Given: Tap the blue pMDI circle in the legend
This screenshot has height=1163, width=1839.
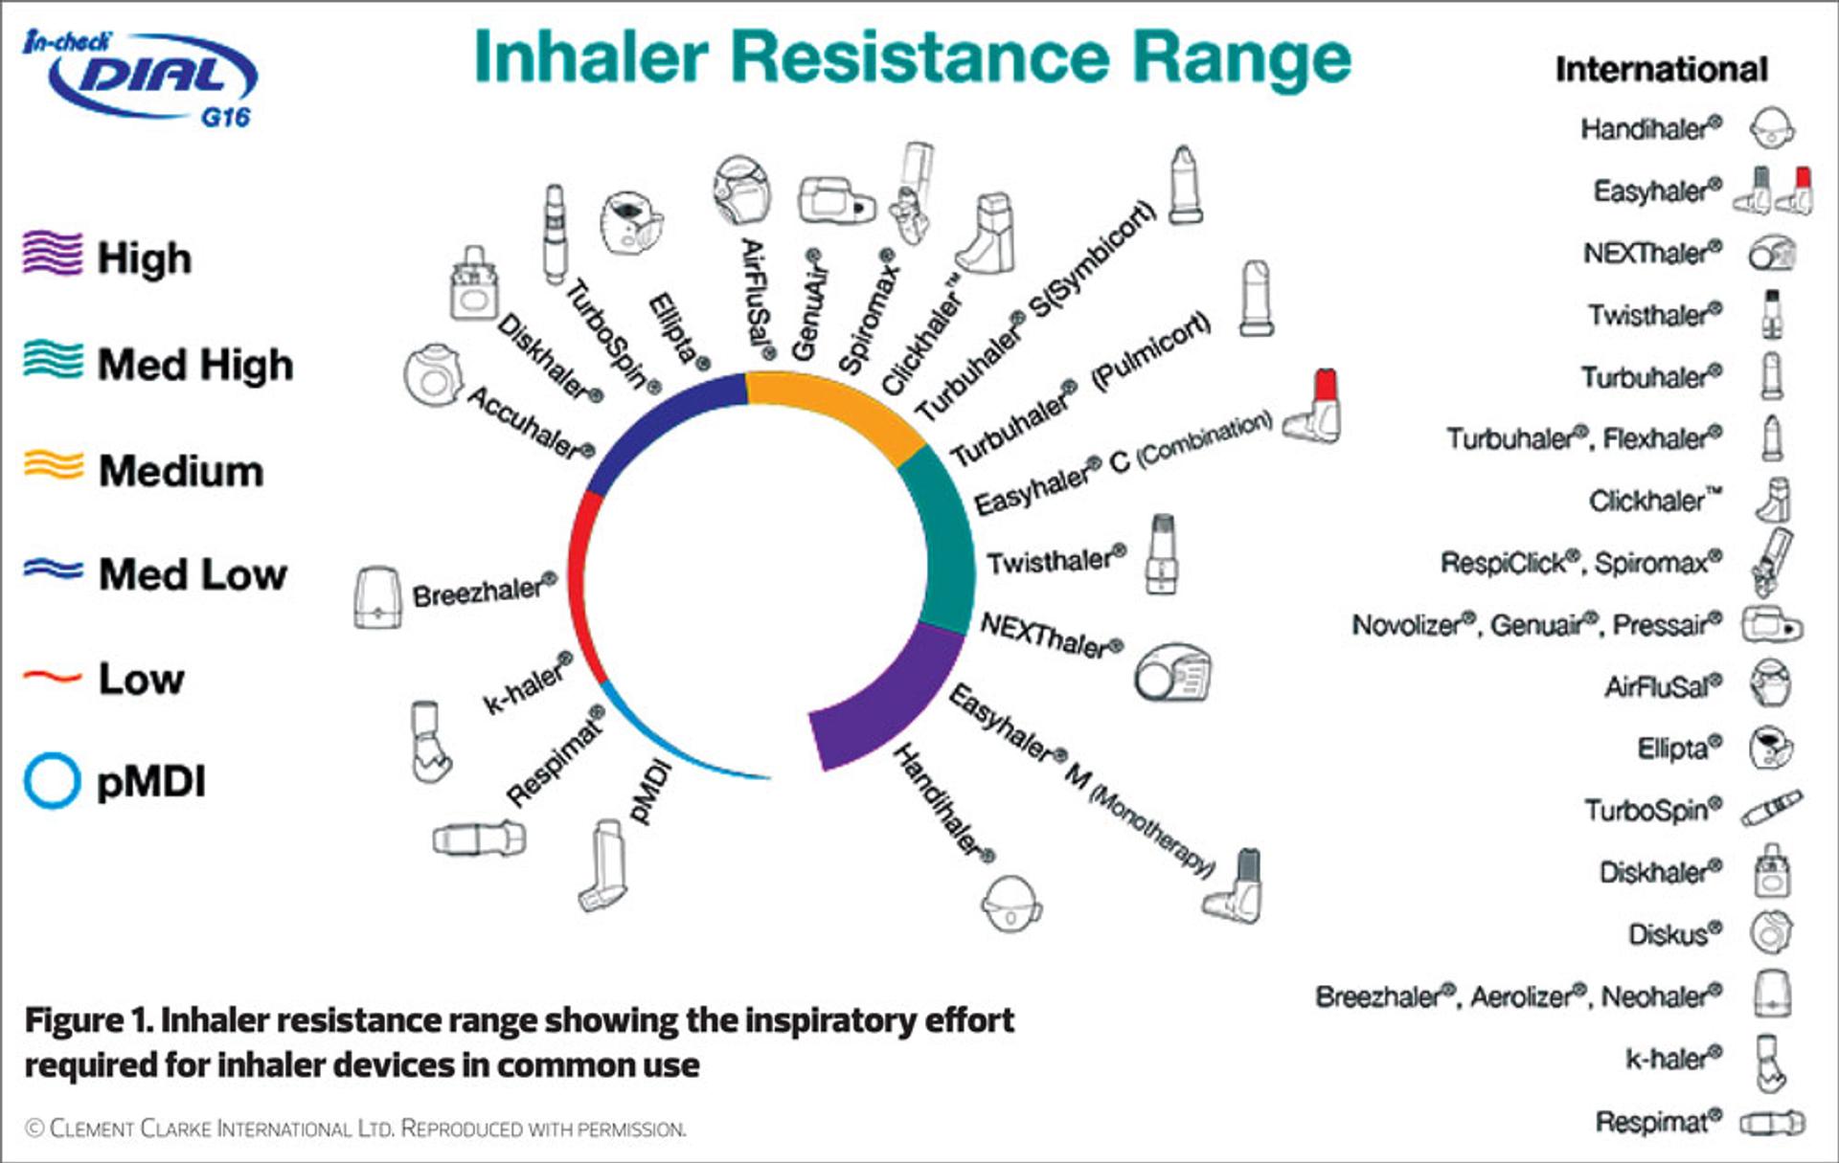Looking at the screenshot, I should (51, 781).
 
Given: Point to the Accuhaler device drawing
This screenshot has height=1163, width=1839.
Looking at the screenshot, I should (433, 374).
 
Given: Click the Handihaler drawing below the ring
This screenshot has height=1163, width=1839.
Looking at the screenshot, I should (1011, 903).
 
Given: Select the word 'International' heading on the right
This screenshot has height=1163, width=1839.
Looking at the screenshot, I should (1661, 69).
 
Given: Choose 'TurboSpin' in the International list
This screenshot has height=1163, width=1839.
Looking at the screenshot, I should (1652, 811).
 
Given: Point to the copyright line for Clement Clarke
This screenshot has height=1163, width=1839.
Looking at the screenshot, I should (355, 1129).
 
